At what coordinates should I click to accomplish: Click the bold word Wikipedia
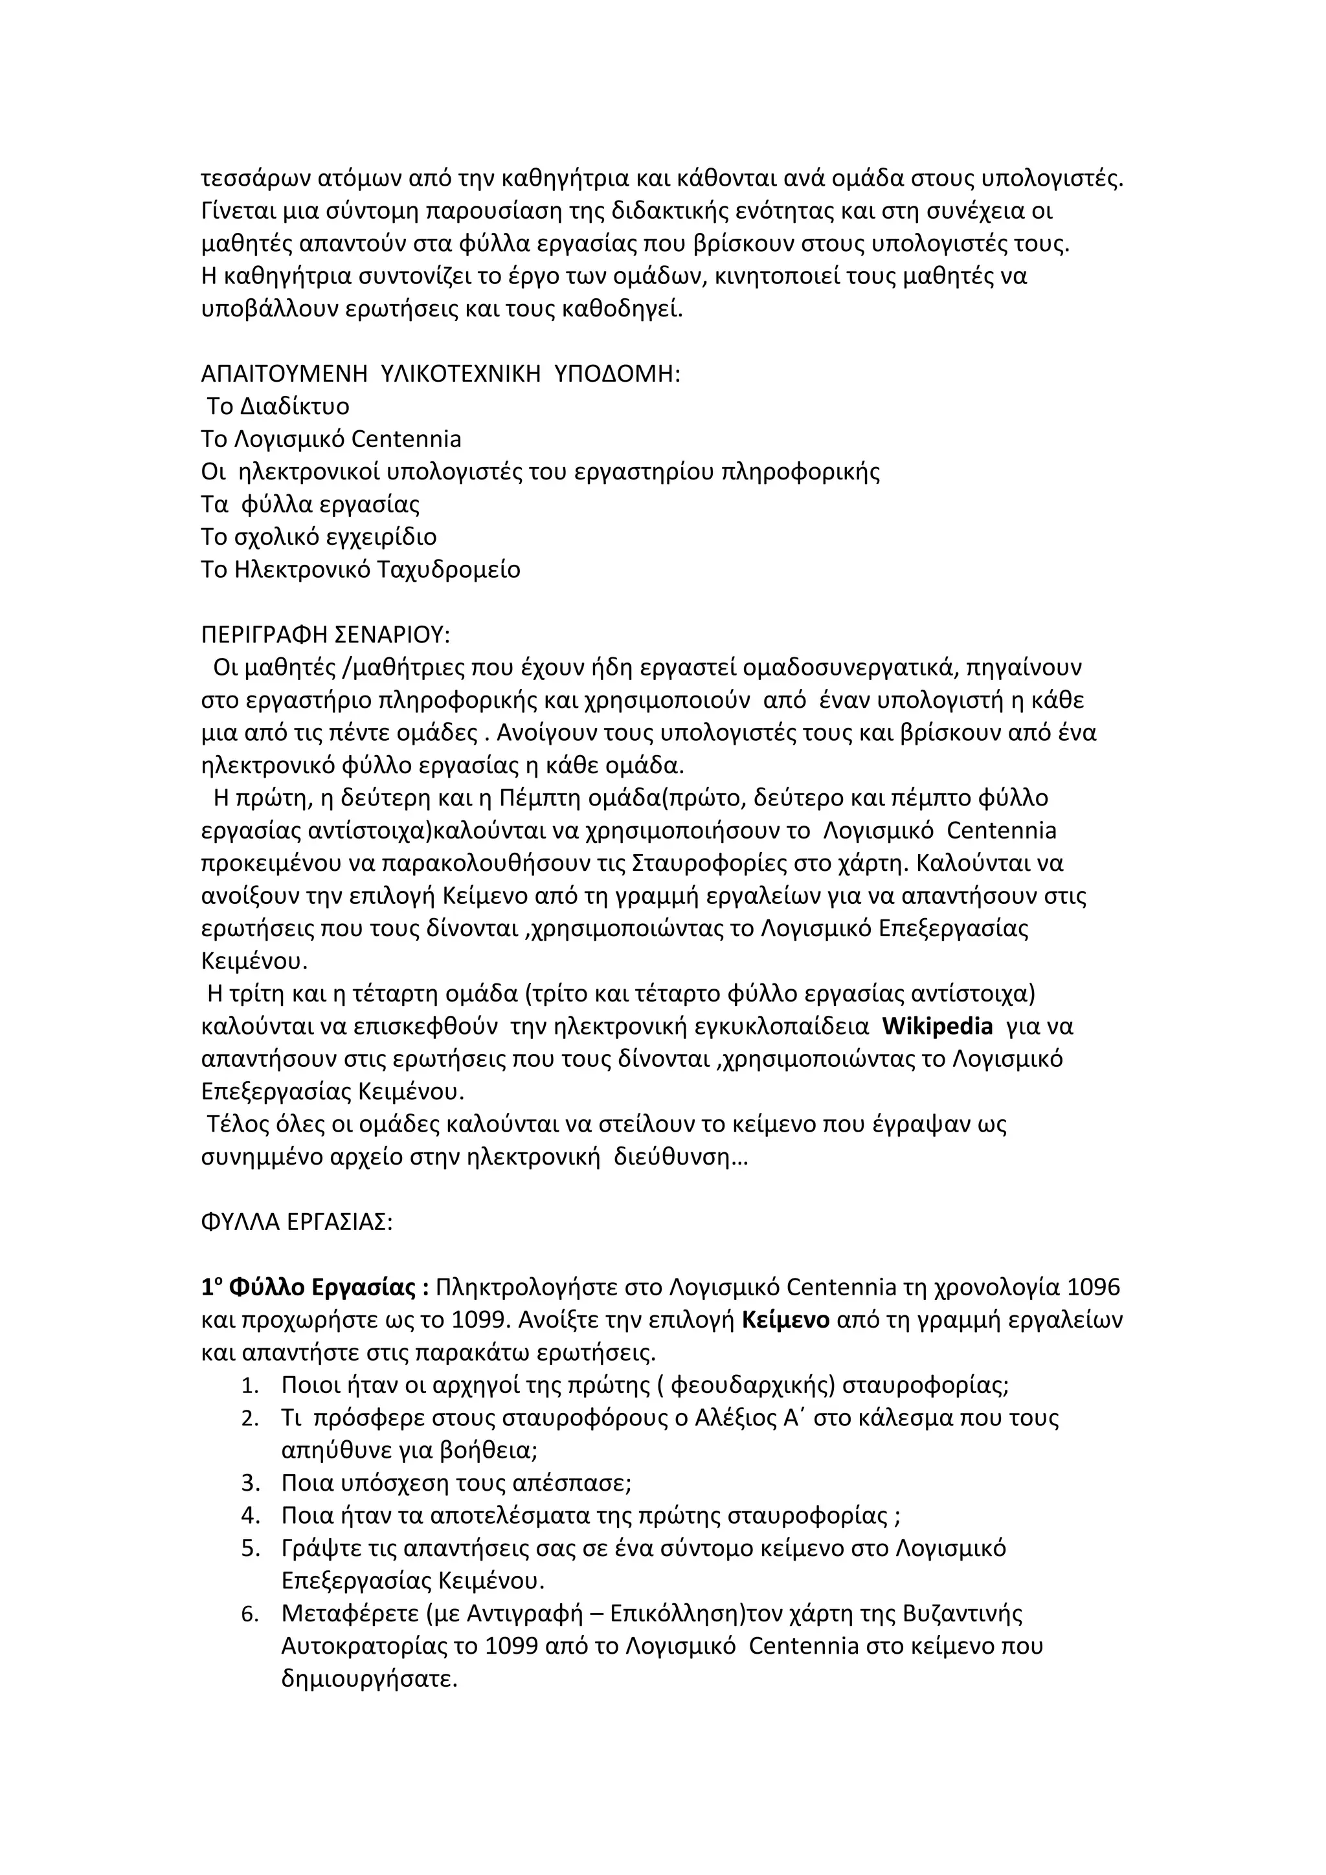tap(938, 1027)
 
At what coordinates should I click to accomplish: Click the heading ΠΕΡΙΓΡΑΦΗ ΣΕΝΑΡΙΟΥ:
tap(325, 635)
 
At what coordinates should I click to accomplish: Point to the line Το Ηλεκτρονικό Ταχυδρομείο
tap(360, 569)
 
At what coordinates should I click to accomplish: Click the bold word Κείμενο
tap(786, 1321)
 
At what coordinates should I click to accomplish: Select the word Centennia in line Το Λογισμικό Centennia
tap(406, 439)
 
